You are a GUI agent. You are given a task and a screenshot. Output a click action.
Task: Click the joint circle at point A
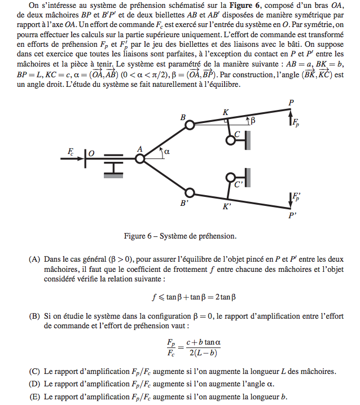[x=140, y=159]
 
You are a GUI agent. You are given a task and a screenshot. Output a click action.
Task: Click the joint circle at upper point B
[x=190, y=124]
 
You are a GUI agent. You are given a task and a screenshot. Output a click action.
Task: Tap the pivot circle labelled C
[x=231, y=139]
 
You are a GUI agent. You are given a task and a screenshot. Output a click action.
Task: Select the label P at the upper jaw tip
[x=291, y=103]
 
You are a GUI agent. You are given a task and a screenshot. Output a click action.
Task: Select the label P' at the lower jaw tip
[x=292, y=215]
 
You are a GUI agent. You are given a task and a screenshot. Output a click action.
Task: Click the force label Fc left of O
[x=71, y=152]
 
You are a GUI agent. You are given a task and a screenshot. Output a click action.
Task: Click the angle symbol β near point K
[x=253, y=120]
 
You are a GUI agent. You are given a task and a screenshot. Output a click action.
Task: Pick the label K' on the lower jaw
[x=227, y=206]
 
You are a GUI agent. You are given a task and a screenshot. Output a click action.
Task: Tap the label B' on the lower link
[x=185, y=203]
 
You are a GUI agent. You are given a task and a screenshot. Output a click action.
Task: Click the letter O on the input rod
[x=91, y=153]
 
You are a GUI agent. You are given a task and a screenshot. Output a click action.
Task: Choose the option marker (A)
[x=34, y=259]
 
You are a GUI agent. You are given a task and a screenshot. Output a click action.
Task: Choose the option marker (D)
[x=34, y=384]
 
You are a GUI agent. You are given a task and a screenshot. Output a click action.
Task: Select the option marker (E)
[x=34, y=397]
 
